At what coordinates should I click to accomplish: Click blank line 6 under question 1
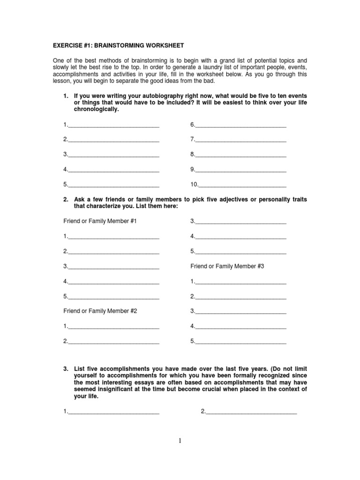click(240, 125)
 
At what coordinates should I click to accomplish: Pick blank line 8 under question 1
click(240, 155)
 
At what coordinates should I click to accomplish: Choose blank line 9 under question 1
click(240, 170)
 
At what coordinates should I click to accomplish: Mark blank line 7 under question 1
click(240, 140)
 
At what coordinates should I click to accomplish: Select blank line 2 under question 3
click(251, 412)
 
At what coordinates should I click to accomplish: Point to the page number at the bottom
click(180, 441)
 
